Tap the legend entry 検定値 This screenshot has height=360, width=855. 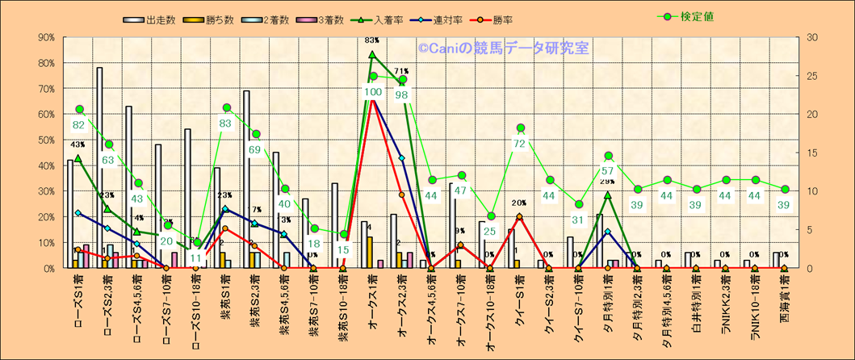pyautogui.click(x=691, y=16)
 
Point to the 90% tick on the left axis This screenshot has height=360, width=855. pyautogui.click(x=45, y=37)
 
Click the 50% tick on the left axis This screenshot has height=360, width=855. pyautogui.click(x=45, y=140)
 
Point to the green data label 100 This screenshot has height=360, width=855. pyautogui.click(x=372, y=92)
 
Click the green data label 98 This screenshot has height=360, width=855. pyautogui.click(x=402, y=95)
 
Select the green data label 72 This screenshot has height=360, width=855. pyautogui.click(x=520, y=144)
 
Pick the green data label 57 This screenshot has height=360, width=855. pyautogui.click(x=608, y=171)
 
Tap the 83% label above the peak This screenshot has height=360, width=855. pyautogui.click(x=372, y=40)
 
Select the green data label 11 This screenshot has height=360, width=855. pyautogui.click(x=196, y=258)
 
